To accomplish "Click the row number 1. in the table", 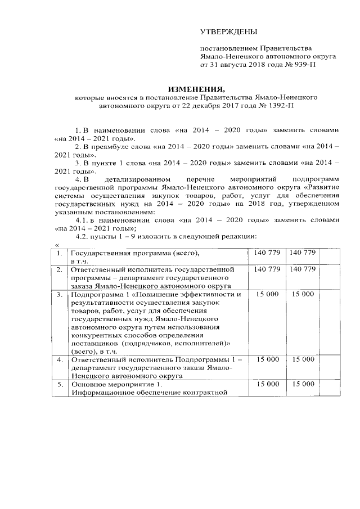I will click(x=58, y=254).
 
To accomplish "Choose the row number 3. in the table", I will click(x=58, y=294).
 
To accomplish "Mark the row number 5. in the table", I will click(x=58, y=384).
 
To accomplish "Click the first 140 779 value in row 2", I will click(x=267, y=270).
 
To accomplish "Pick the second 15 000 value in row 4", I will click(x=304, y=359).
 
